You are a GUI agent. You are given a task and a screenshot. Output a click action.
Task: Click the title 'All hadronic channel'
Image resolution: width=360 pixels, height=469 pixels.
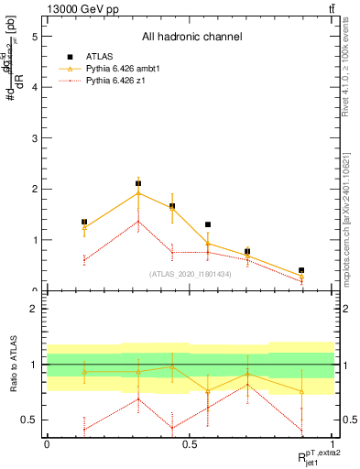[191, 38]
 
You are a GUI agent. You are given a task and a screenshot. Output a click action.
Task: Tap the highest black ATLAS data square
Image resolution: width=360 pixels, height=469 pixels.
[138, 183]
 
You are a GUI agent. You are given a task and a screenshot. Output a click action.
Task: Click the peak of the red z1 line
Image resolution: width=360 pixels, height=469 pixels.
[138, 221]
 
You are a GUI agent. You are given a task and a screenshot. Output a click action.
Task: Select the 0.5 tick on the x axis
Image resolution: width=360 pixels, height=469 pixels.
[190, 444]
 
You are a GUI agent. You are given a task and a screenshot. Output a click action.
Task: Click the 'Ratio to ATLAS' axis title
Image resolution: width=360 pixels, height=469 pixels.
[12, 365]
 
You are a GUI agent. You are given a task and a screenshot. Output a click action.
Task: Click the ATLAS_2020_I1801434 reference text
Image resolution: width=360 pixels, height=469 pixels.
[190, 274]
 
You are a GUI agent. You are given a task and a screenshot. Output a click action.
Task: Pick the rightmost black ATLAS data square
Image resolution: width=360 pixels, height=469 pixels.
[301, 270]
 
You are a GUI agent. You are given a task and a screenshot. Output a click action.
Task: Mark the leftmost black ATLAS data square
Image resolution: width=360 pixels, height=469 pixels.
[84, 222]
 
